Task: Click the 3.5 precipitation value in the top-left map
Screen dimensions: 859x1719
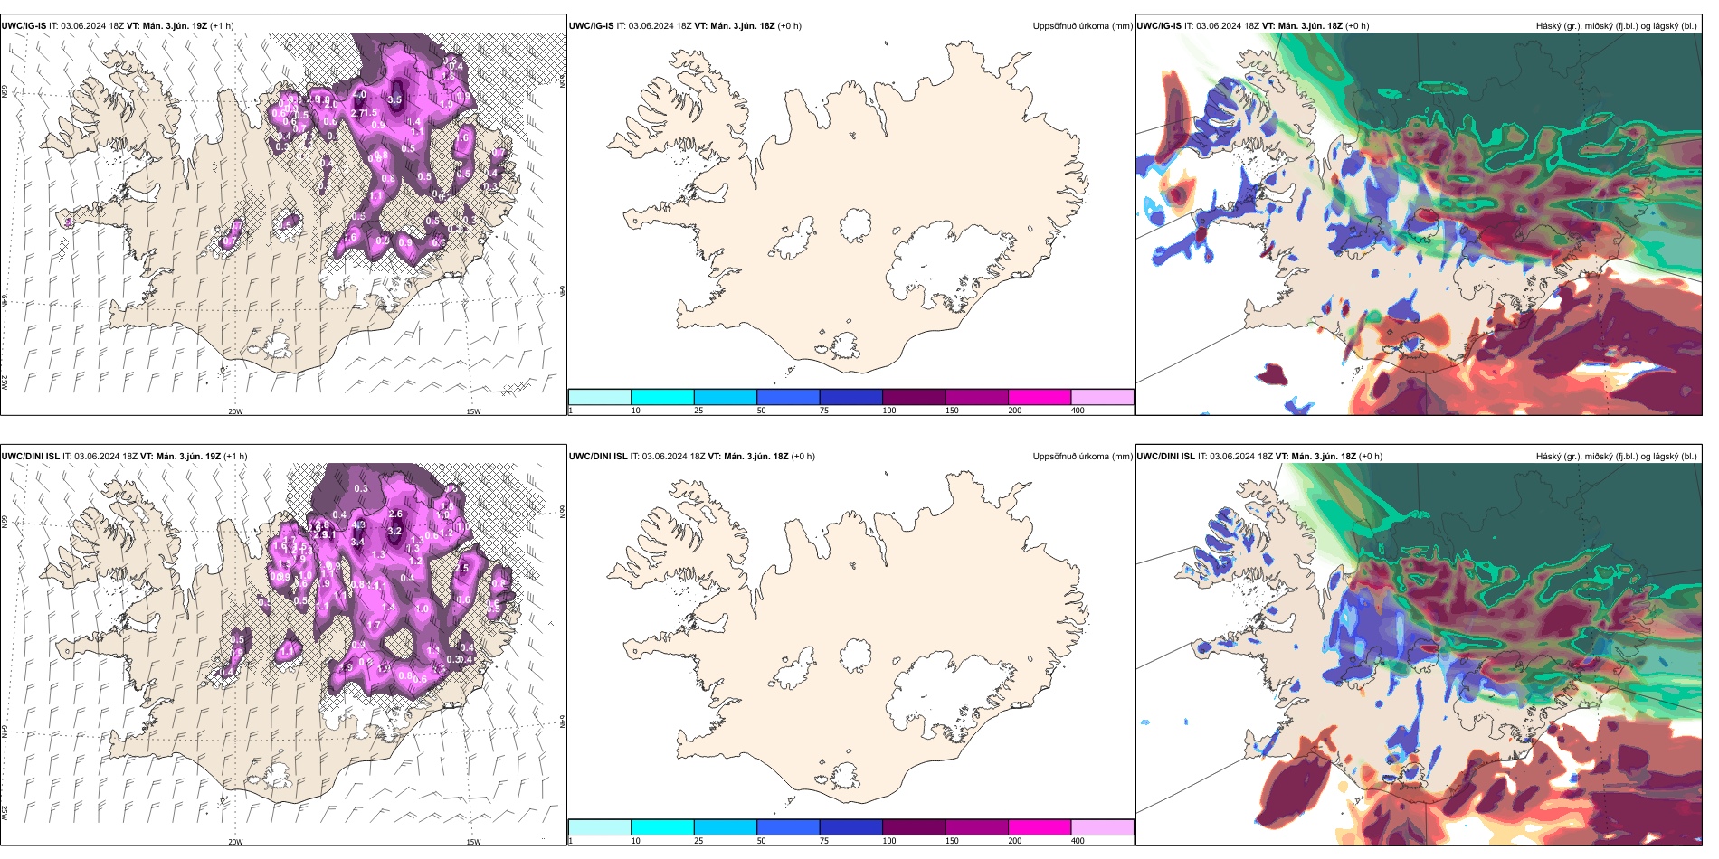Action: pos(394,100)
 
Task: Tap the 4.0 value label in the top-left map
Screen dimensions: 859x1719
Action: pos(359,94)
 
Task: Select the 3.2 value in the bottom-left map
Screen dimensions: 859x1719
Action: pos(394,531)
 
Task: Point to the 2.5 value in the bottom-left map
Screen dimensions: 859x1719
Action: pos(462,568)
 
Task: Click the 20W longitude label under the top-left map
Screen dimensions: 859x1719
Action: pos(235,411)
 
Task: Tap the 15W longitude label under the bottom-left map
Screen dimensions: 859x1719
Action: pos(473,842)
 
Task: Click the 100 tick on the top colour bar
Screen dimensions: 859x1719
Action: pos(889,411)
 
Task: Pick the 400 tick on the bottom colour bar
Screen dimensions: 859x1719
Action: pos(1078,841)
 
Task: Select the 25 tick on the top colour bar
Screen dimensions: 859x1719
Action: pos(698,411)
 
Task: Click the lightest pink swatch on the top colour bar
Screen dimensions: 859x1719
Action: pos(1102,397)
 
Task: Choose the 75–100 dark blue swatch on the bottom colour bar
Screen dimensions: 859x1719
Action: pos(850,827)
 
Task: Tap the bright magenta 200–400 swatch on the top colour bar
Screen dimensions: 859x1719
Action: pos(1040,397)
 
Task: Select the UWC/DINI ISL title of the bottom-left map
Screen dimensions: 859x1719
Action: pos(30,457)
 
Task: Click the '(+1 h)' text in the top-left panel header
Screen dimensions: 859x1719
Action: pos(222,26)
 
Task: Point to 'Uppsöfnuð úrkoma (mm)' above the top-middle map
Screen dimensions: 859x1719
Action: pos(1082,26)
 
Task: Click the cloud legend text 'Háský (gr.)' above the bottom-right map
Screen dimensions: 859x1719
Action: pos(1559,457)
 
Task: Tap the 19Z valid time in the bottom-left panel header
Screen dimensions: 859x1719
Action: pos(211,457)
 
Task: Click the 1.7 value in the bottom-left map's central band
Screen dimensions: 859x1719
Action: pos(374,625)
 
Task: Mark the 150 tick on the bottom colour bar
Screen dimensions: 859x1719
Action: pos(952,841)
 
